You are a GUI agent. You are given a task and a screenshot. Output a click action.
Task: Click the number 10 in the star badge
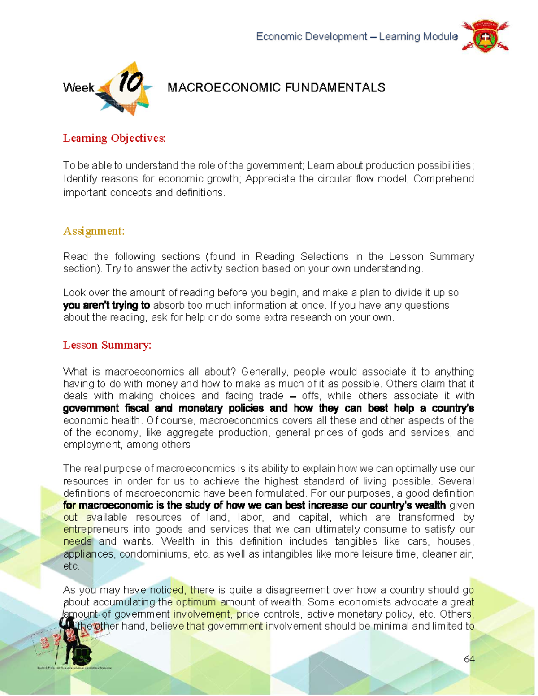click(130, 83)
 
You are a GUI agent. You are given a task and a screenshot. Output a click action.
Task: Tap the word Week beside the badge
click(78, 88)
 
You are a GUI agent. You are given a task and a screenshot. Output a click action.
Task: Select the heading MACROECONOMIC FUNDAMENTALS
click(276, 87)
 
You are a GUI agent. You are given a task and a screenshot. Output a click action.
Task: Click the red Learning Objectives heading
click(114, 138)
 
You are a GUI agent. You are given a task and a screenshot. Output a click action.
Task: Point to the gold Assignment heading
click(94, 231)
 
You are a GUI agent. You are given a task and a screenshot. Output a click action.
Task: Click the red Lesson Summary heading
click(107, 345)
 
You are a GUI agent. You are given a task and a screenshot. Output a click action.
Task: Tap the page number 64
click(469, 659)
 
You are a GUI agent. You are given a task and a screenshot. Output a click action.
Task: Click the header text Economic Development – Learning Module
click(356, 37)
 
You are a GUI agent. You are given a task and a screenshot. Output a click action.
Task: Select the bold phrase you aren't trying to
click(106, 306)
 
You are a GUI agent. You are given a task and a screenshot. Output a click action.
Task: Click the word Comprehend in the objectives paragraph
click(443, 179)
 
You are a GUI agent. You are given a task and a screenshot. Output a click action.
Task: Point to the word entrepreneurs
click(95, 530)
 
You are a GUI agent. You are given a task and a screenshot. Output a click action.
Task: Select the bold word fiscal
click(137, 408)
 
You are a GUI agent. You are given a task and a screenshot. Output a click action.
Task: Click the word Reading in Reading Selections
click(274, 257)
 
